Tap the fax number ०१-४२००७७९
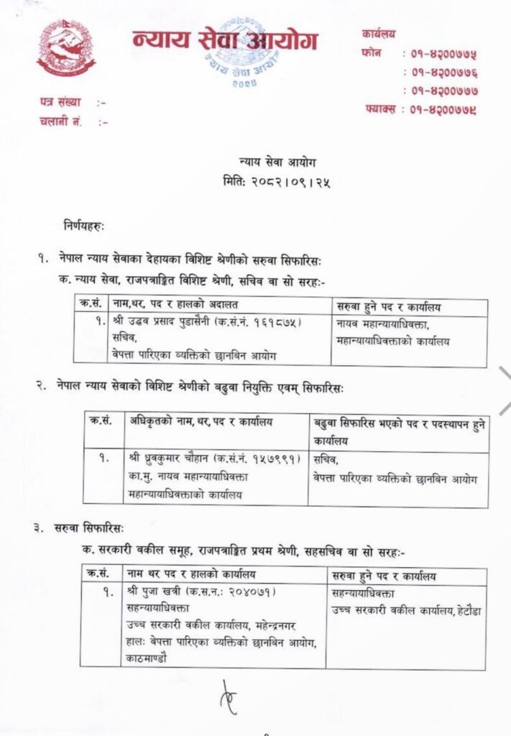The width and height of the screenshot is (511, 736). point(443,110)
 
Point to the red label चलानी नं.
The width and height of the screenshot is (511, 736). point(61,121)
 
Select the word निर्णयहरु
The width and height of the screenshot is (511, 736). point(83,226)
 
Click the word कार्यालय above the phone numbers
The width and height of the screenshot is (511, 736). point(380,34)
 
